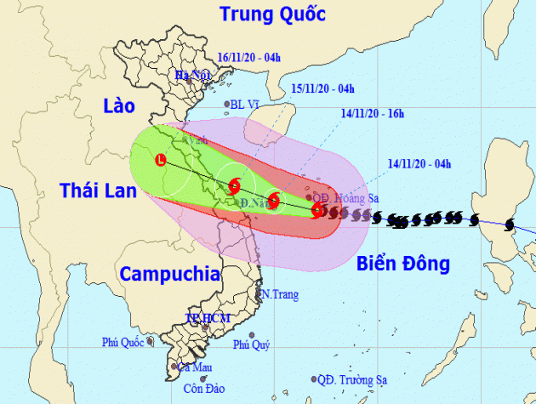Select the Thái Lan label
(98, 191)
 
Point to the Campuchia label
(168, 273)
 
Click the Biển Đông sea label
(403, 264)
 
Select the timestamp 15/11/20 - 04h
(324, 88)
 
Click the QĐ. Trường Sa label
(354, 378)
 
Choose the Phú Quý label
(253, 344)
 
